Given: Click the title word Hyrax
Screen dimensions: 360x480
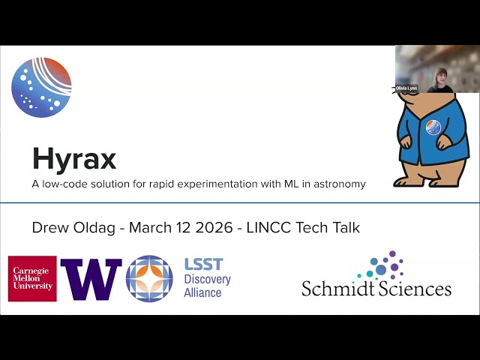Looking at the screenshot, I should [x=73, y=159].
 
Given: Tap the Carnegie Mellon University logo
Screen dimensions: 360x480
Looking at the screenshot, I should [x=32, y=278].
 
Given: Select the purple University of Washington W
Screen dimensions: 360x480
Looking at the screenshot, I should [x=91, y=279].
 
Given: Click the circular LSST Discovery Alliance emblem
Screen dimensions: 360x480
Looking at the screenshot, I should [x=149, y=279].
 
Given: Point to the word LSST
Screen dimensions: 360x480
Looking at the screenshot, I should [x=203, y=265].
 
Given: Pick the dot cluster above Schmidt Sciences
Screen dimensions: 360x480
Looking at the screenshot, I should [x=383, y=265].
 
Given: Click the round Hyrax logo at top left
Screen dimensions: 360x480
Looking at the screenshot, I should [x=41, y=88].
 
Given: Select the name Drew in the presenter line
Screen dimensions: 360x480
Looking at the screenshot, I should [x=50, y=227].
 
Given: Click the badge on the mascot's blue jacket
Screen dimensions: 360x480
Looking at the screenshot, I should [x=433, y=127].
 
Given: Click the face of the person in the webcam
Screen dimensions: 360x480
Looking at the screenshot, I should [x=442, y=75].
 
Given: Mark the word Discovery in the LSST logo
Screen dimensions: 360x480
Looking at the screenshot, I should [x=207, y=279].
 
